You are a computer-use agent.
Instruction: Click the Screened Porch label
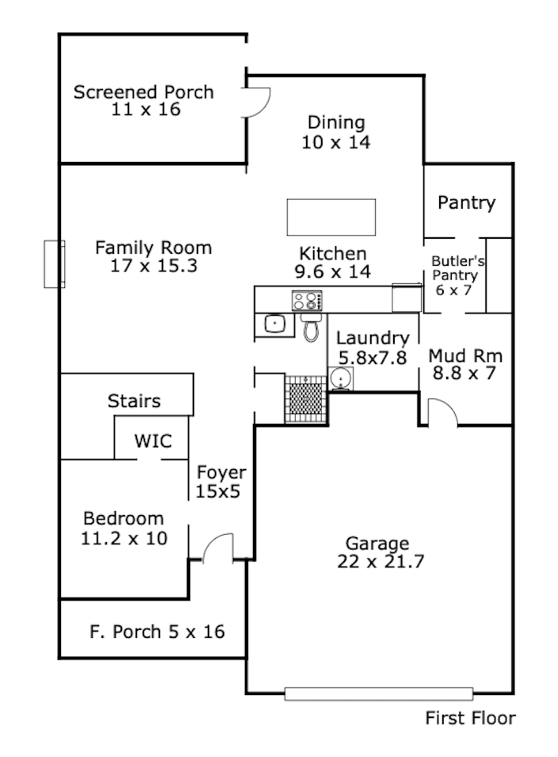coord(143,101)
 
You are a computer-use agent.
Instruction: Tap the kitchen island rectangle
coord(331,217)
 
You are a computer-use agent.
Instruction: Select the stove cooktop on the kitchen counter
coord(307,300)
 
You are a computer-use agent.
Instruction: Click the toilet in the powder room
coord(311,327)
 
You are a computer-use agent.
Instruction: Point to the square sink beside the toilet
coord(275,324)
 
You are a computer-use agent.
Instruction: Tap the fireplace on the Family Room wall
coord(54,264)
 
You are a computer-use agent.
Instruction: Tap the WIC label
coord(153,441)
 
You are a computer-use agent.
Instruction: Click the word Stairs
coord(134,401)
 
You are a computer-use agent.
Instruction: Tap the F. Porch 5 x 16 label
coord(157,631)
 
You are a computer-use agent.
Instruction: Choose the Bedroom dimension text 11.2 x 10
coord(124,538)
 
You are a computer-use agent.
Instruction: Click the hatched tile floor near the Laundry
coord(306,399)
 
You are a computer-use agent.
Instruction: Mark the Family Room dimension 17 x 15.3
coord(154,265)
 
